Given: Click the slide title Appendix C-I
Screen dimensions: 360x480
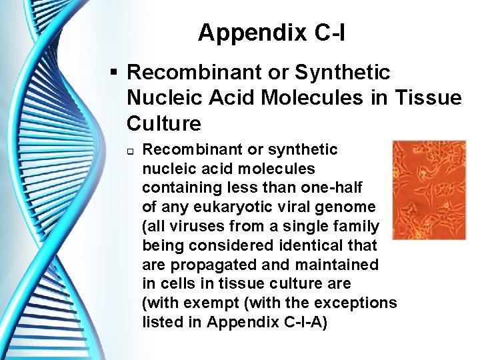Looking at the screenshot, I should [x=271, y=32].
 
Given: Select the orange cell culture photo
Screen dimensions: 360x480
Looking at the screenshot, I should [x=429, y=189].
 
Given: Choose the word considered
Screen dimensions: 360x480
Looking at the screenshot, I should [x=227, y=245].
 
